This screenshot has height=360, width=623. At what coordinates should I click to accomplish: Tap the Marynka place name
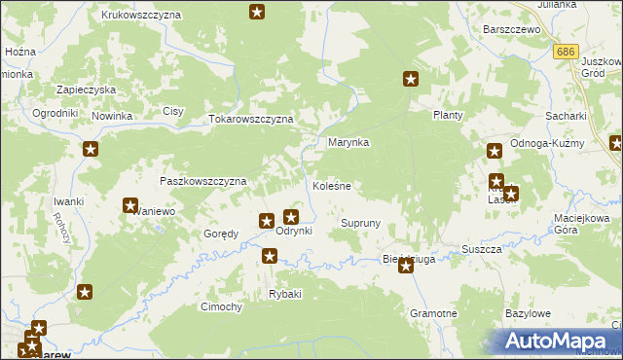348,142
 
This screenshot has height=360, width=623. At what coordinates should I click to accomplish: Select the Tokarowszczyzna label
251,119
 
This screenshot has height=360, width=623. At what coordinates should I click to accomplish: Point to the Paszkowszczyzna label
202,181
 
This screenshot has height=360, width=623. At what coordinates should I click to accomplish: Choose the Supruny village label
359,223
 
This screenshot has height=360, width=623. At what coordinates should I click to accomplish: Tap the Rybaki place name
285,294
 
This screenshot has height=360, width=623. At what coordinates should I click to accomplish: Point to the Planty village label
447,115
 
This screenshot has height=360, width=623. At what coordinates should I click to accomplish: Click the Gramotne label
433,314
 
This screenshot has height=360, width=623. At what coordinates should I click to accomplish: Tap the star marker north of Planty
411,80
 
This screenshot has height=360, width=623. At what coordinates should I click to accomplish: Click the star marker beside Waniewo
130,205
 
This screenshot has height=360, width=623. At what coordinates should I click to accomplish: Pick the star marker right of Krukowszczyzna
256,12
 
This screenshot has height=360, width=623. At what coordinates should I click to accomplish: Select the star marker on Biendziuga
406,265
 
